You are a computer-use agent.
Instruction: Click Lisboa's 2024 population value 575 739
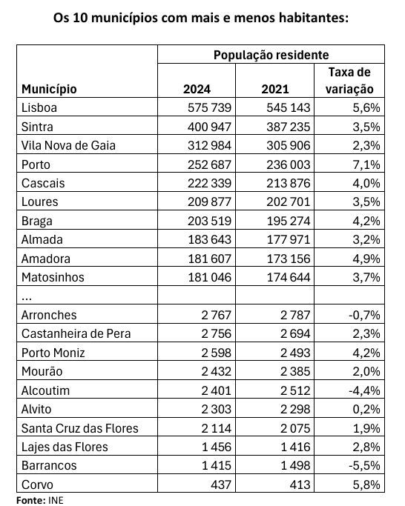(x=209, y=107)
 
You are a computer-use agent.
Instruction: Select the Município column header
(x=49, y=89)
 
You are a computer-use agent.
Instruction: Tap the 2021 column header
(x=275, y=89)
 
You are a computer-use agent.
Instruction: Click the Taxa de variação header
(x=349, y=80)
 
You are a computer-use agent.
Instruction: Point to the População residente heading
(x=271, y=55)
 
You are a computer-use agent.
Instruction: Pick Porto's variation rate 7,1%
(x=366, y=164)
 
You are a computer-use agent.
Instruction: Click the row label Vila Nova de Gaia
(x=68, y=145)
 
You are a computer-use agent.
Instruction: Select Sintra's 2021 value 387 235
(x=289, y=127)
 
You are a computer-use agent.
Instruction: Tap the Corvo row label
(x=37, y=485)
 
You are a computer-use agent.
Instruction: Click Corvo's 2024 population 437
(x=220, y=485)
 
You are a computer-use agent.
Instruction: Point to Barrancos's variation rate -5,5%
(x=364, y=466)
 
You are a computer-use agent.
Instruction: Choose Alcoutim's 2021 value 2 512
(x=295, y=390)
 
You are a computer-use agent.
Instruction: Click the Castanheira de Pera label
(x=76, y=333)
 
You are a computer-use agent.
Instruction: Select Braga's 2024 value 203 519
(x=209, y=221)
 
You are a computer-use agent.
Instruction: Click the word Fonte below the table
(x=31, y=500)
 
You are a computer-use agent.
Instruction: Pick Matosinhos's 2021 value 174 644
(x=289, y=278)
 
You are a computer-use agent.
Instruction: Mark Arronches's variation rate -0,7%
(x=364, y=315)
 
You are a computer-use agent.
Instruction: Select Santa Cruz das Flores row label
(x=80, y=428)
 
